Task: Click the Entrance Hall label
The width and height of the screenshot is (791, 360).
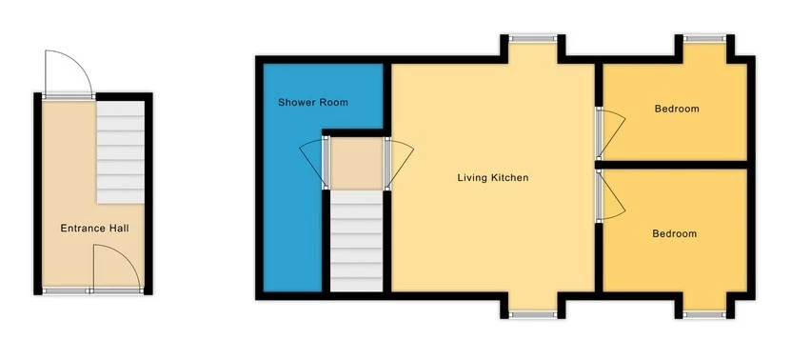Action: point(94,229)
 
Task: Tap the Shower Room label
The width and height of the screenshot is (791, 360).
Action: point(312,102)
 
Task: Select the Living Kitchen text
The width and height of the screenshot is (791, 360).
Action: point(492,178)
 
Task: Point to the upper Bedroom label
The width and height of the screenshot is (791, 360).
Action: point(676,109)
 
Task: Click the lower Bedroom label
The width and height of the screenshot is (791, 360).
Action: point(674,233)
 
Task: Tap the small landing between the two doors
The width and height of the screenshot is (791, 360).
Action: point(356,163)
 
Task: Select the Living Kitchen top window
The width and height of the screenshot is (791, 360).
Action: point(532,38)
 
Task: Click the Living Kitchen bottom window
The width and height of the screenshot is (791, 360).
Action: point(532,313)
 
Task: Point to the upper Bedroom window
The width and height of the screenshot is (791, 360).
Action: point(702,38)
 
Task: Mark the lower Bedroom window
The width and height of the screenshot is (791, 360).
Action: point(702,313)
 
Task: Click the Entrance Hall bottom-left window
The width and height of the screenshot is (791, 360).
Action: point(65,290)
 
